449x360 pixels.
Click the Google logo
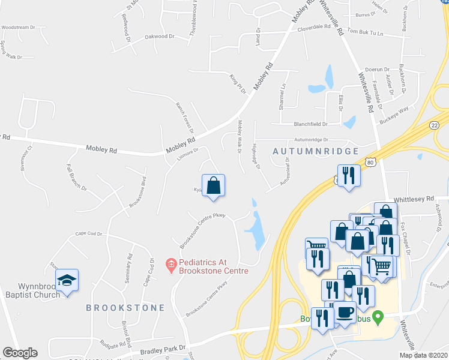coord(20,353)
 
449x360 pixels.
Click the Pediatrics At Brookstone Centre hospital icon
coord(170,263)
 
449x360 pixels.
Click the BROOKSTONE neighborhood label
coord(125,308)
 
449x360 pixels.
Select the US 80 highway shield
coord(371,162)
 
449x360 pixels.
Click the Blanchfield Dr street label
coord(310,124)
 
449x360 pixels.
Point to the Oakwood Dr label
coord(159,37)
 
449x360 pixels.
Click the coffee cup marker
coord(345,313)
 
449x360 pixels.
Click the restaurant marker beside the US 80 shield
coord(348,176)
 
